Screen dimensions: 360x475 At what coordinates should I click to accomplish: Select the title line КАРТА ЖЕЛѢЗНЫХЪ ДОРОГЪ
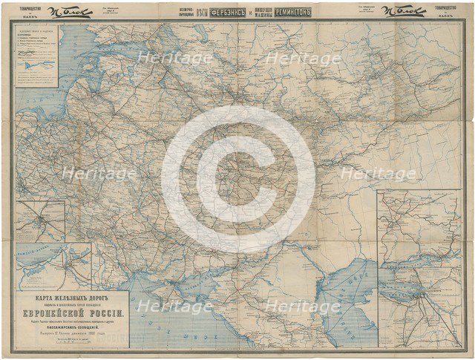click(73, 298)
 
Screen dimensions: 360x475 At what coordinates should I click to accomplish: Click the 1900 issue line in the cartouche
click(73, 333)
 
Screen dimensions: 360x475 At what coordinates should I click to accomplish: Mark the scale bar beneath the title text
click(73, 342)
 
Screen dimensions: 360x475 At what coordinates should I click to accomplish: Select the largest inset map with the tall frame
click(419, 267)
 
